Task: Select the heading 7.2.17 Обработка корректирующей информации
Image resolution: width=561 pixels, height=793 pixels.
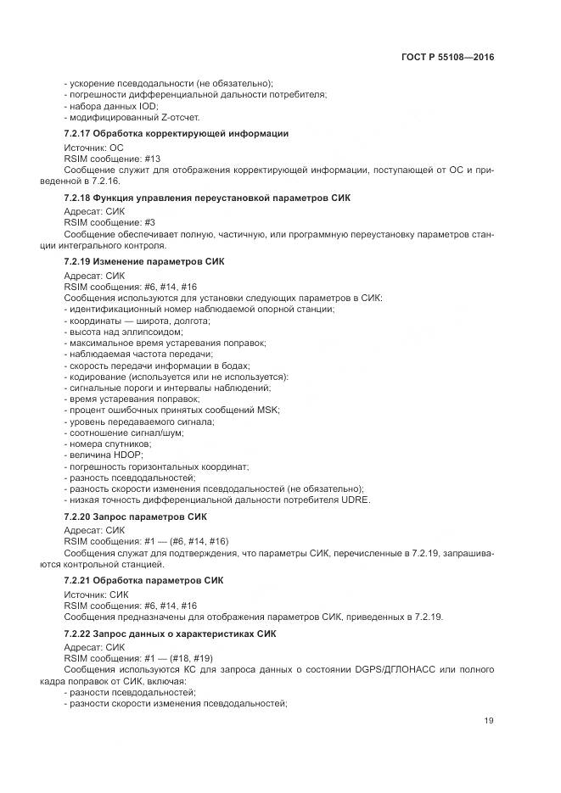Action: [177, 133]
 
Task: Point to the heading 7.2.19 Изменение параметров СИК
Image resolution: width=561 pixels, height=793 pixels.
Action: [144, 261]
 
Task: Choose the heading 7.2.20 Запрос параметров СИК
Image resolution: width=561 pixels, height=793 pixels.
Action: [136, 516]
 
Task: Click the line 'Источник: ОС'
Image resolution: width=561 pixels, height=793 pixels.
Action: [93, 148]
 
